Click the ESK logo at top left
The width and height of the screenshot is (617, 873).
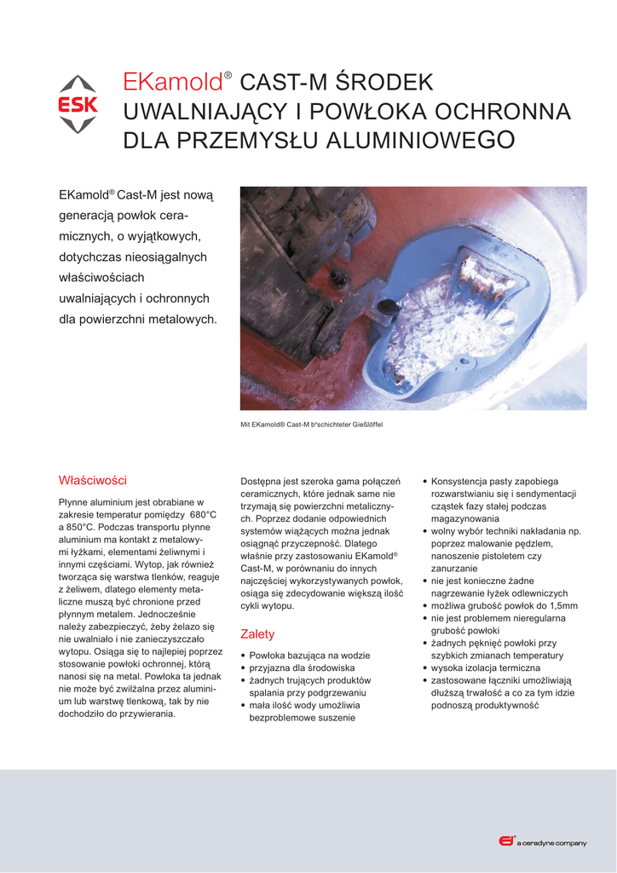tap(77, 105)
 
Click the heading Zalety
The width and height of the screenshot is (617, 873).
tap(257, 634)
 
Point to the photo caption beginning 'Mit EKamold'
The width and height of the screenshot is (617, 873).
tap(312, 424)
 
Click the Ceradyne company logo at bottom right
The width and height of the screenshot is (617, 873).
tap(542, 842)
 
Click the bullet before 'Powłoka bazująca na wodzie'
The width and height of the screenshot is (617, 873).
tap(245, 656)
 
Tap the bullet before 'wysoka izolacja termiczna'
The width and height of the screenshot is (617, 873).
tap(425, 668)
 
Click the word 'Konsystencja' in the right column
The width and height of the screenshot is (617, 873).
tap(462, 481)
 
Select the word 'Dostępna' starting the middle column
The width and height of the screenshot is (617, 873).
tap(263, 481)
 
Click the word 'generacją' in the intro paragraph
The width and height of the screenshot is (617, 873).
tap(89, 216)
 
